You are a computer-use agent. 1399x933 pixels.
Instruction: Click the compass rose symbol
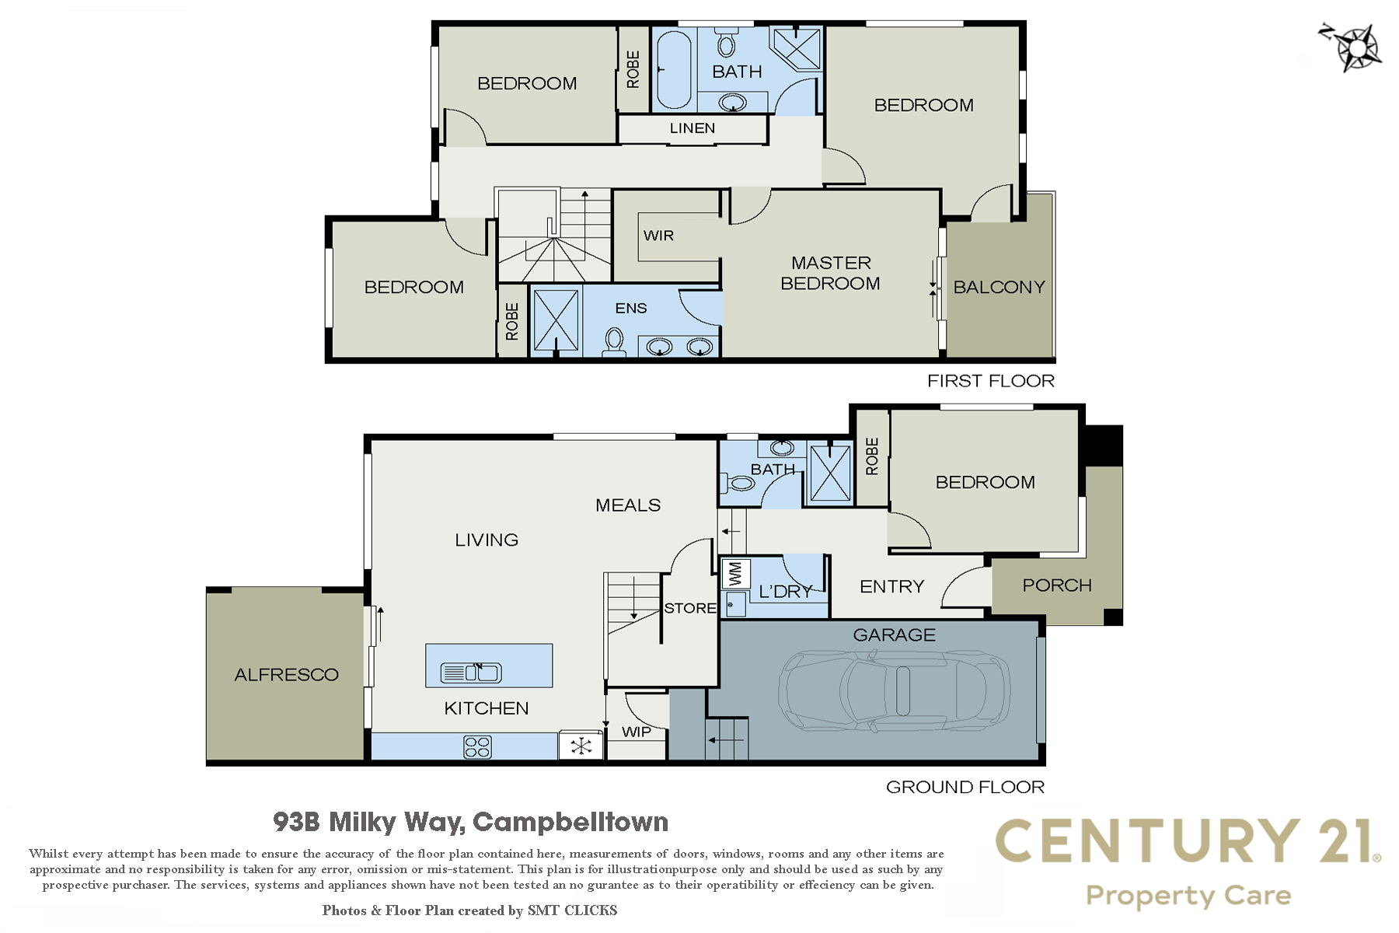tap(1352, 47)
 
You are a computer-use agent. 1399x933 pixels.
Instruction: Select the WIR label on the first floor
tap(658, 236)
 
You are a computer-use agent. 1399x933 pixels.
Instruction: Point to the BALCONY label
tap(999, 287)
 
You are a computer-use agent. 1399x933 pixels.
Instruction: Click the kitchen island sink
tap(471, 672)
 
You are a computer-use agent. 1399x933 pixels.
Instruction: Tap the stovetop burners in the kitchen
tap(477, 747)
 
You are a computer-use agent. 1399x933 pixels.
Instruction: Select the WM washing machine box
tap(735, 574)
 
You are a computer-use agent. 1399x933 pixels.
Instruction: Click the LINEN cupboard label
tap(693, 128)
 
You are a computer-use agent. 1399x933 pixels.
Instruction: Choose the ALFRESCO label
tap(287, 675)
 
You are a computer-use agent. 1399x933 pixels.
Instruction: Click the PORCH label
tap(1057, 585)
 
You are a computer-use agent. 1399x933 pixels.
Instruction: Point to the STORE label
tap(690, 608)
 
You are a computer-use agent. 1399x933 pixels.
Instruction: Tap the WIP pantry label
tap(637, 732)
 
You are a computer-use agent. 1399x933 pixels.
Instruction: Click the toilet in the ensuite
tap(614, 342)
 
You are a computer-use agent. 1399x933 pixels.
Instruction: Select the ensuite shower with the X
tap(556, 321)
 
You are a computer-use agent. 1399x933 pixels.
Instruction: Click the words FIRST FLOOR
tap(991, 381)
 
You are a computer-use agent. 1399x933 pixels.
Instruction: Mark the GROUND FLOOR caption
tap(965, 787)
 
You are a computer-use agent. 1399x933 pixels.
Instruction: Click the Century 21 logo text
tap(1188, 841)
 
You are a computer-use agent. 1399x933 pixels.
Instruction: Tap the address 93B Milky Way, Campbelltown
tap(471, 822)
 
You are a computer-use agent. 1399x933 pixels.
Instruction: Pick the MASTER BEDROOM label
tap(831, 273)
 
